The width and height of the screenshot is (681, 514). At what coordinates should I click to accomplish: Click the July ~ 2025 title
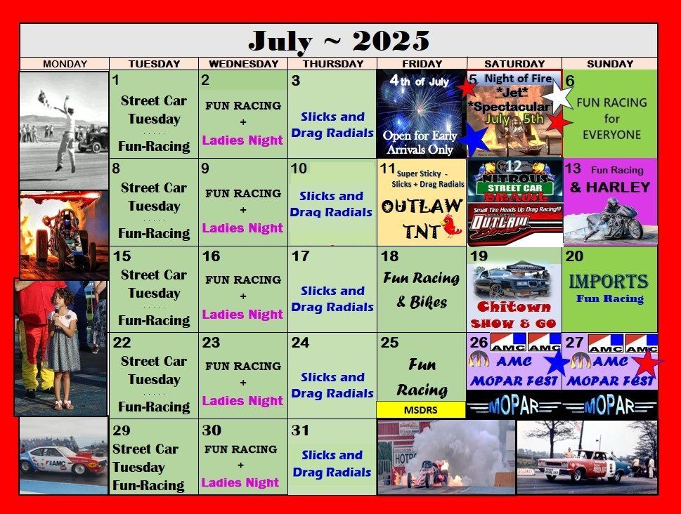[x=339, y=41]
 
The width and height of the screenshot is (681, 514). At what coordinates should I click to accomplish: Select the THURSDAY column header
[x=332, y=64]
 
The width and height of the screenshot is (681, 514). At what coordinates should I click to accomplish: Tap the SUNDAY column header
[x=609, y=64]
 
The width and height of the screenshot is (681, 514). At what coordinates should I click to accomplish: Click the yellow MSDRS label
[x=421, y=409]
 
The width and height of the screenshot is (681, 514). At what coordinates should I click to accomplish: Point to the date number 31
[x=300, y=430]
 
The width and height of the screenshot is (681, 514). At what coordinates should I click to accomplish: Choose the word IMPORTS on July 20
[x=609, y=282]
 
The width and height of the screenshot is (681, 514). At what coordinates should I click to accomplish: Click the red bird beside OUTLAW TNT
[x=450, y=226]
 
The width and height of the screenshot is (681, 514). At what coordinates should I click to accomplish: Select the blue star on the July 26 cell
[x=557, y=363]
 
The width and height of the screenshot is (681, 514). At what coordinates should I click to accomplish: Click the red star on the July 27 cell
[x=647, y=363]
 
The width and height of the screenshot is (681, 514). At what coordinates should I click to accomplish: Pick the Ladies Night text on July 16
[x=242, y=315]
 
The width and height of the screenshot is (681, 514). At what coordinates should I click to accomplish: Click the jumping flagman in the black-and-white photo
[x=66, y=126]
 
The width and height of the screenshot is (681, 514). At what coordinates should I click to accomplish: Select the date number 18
[x=389, y=256]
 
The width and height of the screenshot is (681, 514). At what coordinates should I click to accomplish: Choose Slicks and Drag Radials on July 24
[x=332, y=385]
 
